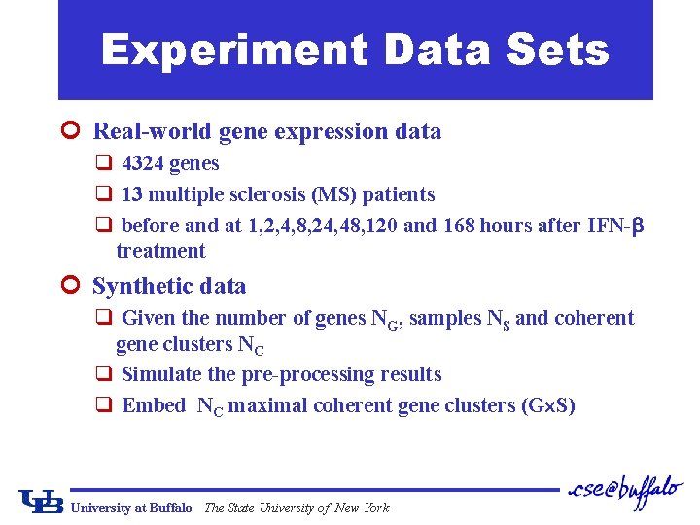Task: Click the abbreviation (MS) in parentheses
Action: click(x=333, y=194)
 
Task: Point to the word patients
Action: click(x=398, y=194)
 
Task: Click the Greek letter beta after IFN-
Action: click(x=638, y=227)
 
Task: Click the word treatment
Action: click(x=160, y=251)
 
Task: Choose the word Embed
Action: click(x=154, y=405)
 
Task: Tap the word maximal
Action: click(x=262, y=405)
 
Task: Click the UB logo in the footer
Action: click(x=41, y=501)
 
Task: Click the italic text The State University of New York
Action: click(x=297, y=507)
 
